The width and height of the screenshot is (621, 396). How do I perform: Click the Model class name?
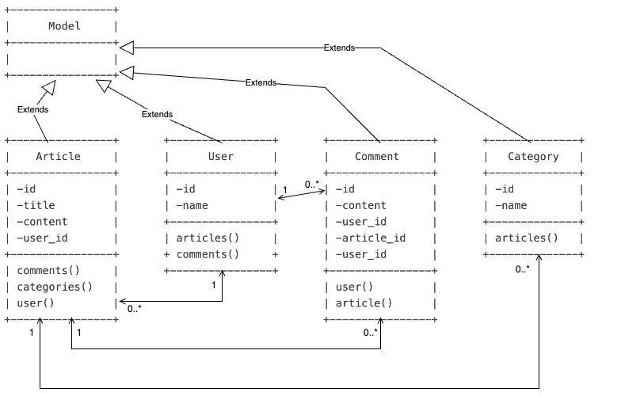[64, 26]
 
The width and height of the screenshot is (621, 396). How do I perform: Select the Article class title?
[58, 156]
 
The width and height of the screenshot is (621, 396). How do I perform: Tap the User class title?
[220, 156]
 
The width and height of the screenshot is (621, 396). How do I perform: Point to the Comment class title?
[377, 156]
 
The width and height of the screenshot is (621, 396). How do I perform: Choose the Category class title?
[533, 156]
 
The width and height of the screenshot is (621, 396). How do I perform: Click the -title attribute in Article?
[42, 205]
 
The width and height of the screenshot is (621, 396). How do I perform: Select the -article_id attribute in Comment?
[371, 238]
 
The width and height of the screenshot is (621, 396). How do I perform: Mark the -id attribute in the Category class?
[505, 188]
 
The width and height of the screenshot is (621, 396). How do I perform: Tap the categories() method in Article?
[55, 287]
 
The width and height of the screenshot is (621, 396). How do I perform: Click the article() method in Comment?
[364, 303]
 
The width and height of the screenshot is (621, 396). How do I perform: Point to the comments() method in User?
[208, 254]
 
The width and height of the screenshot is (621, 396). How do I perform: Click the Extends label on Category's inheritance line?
[339, 48]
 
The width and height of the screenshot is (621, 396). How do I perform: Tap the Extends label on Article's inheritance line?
[32, 109]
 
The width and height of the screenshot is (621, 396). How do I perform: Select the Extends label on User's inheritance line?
[157, 114]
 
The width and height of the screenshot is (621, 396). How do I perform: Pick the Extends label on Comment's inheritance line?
[261, 82]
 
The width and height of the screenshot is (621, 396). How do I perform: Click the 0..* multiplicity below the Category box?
[523, 269]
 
